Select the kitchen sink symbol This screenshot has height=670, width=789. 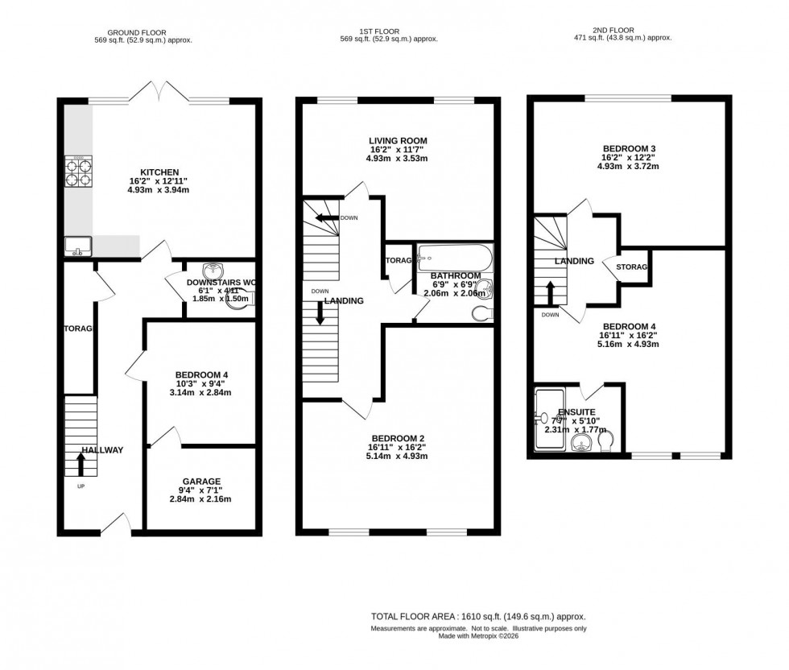pyautogui.click(x=79, y=245)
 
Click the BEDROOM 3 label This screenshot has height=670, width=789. pyautogui.click(x=630, y=148)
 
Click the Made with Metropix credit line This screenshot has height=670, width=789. pyautogui.click(x=479, y=636)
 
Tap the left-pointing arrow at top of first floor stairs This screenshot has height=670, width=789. pyautogui.click(x=326, y=217)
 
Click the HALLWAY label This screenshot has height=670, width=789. pyautogui.click(x=102, y=450)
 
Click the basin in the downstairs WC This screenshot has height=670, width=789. pyautogui.click(x=216, y=271)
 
